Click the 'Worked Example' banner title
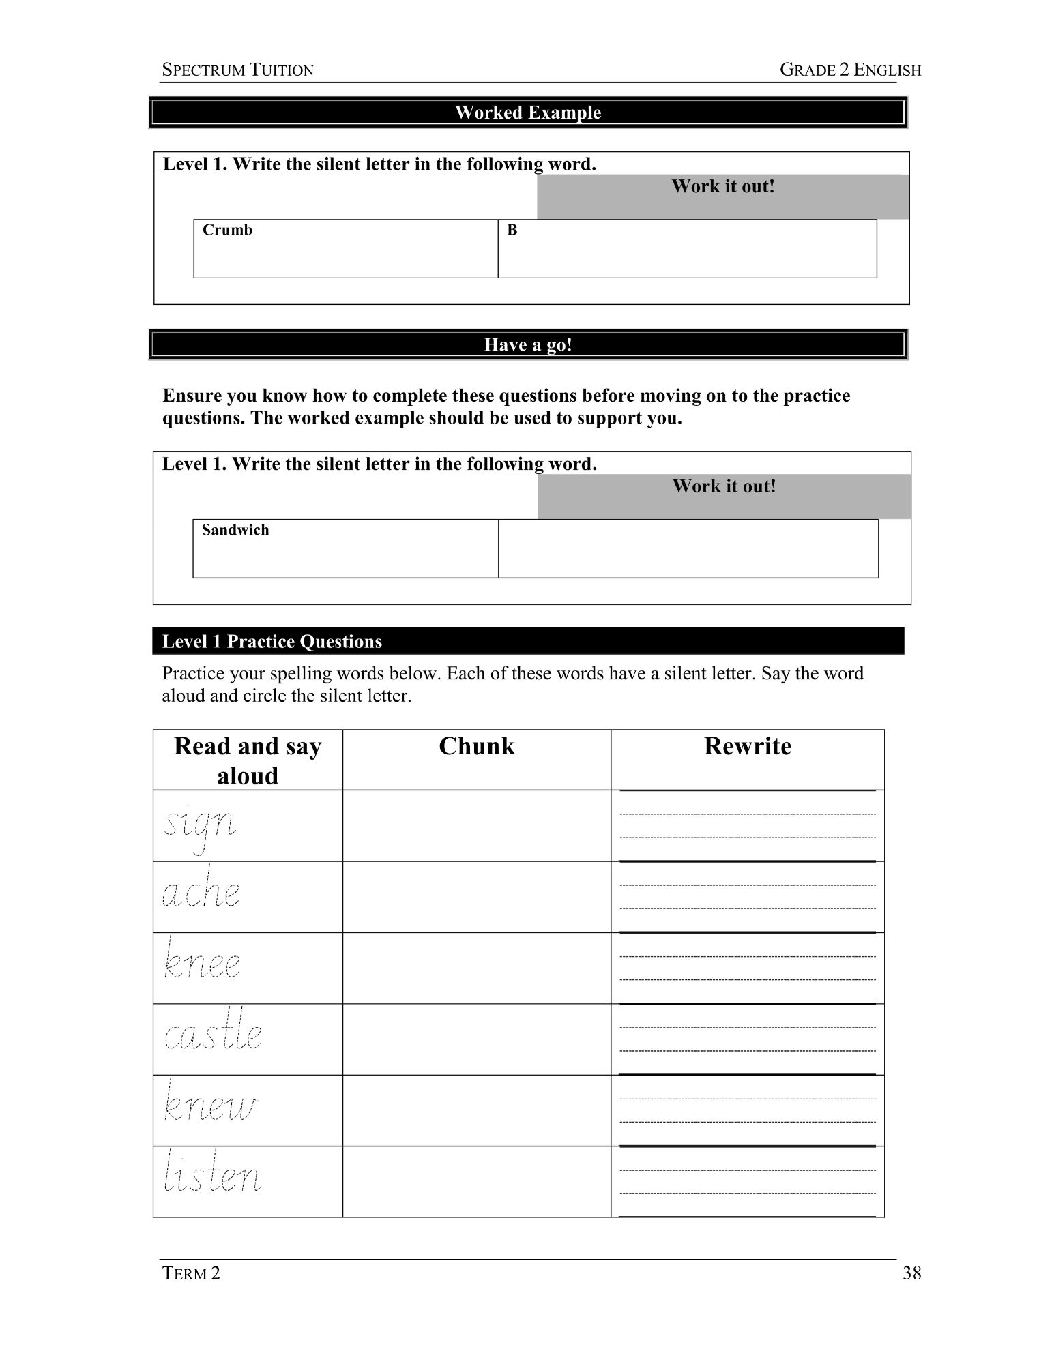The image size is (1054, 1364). pos(528,113)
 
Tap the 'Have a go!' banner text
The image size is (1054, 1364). pos(528,344)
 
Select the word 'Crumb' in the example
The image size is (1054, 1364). pos(227,230)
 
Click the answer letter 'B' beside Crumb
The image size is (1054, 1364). pos(512,231)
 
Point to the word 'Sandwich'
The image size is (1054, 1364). pos(235,530)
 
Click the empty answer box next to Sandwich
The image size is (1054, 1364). pos(688,548)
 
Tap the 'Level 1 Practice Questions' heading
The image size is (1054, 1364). pos(272,642)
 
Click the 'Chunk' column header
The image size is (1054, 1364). pos(476,746)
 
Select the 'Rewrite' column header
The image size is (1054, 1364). pos(747,746)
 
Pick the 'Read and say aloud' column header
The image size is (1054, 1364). pos(247,760)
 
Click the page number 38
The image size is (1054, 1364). pos(911,1273)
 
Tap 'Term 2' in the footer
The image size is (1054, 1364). pos(191,1273)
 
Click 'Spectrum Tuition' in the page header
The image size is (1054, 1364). pos(237,70)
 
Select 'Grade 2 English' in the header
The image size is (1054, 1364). pos(850,70)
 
